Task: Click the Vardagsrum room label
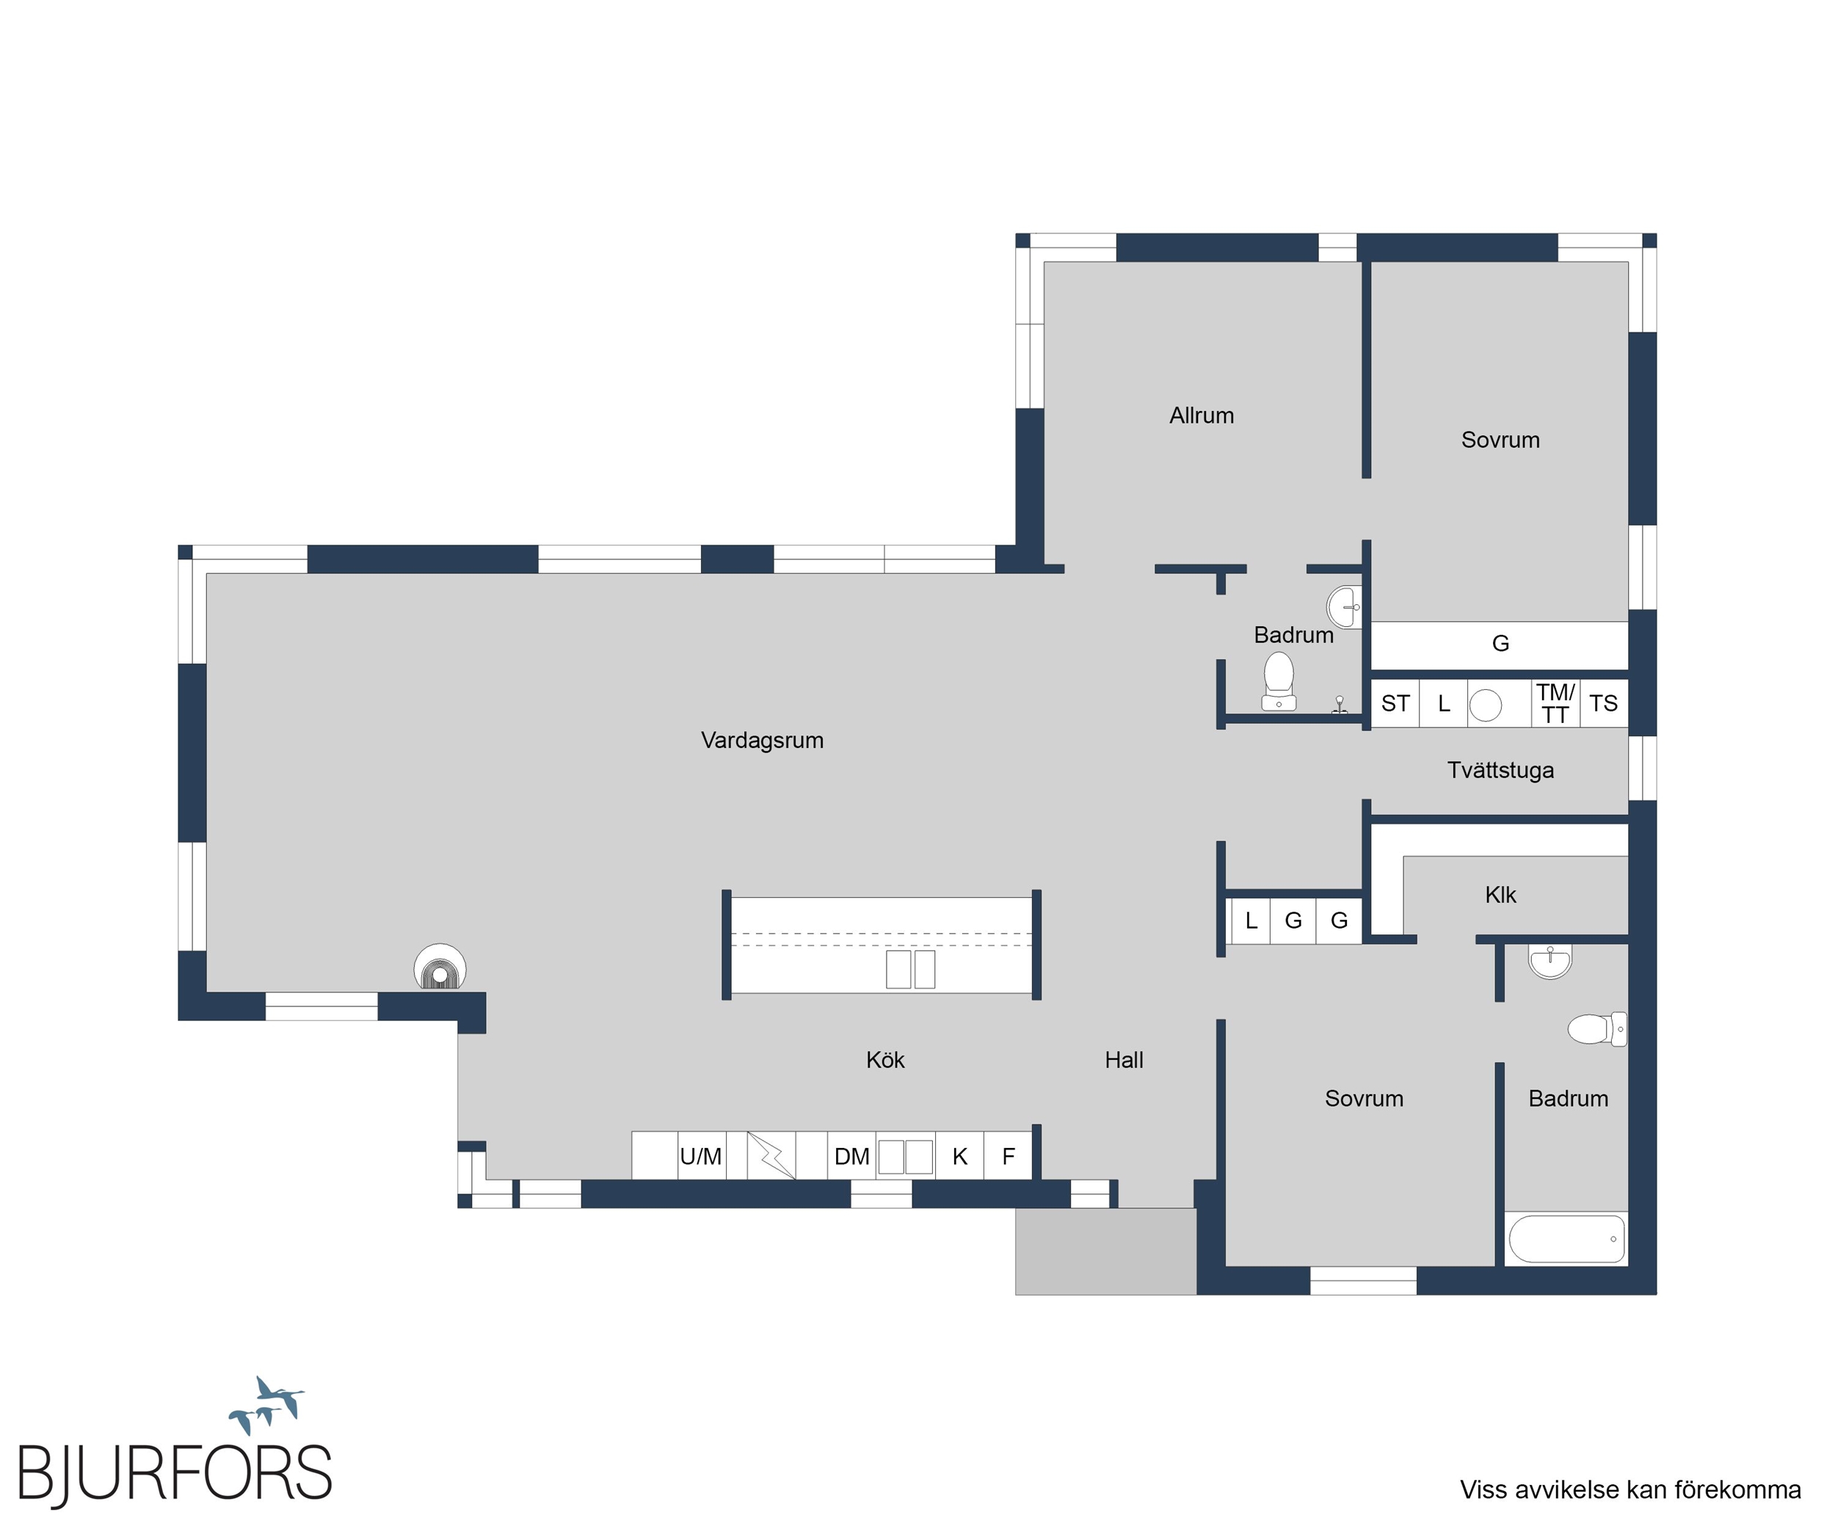tap(762, 740)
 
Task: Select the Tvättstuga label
tap(1500, 770)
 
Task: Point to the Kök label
tap(885, 1060)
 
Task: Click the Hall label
tap(1124, 1060)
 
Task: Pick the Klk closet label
tap(1500, 895)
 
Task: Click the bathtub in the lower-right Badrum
tap(1565, 1238)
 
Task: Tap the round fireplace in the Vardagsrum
tap(440, 967)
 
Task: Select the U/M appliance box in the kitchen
tap(701, 1156)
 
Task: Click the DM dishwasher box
tap(851, 1156)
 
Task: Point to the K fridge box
tap(959, 1156)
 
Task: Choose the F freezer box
tap(1009, 1156)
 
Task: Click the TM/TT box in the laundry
tap(1555, 703)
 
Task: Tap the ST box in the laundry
tap(1395, 703)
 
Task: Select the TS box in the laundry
tap(1604, 703)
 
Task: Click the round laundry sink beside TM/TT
tap(1486, 705)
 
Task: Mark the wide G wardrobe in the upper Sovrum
tap(1500, 644)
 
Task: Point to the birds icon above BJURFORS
tap(266, 1405)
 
